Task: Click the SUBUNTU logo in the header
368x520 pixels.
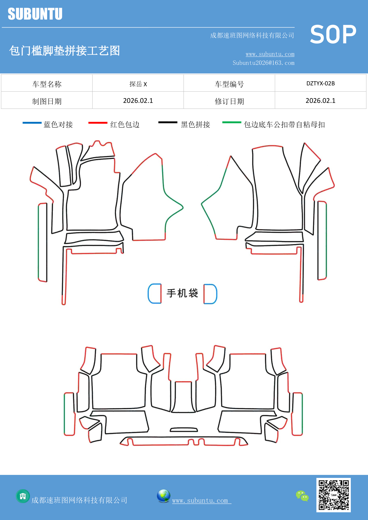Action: (x=35, y=14)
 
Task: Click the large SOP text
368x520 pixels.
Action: (x=333, y=35)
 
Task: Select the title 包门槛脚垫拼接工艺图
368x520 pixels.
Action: (x=65, y=51)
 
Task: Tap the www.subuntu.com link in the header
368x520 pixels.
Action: (x=270, y=54)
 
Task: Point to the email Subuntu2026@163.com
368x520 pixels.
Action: (x=263, y=63)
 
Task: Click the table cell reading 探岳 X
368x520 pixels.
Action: (x=138, y=84)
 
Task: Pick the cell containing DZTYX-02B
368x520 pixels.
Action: (x=321, y=83)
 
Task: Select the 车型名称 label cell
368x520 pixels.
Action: (x=47, y=84)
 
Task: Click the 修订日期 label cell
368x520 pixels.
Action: (x=229, y=101)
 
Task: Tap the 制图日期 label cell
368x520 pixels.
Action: (x=47, y=101)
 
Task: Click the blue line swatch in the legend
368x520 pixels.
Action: (x=32, y=123)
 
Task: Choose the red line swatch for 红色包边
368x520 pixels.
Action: (x=98, y=123)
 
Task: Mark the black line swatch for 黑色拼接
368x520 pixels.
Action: (x=168, y=122)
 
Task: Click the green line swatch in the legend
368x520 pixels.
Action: (x=232, y=122)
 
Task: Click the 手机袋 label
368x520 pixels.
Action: (x=182, y=293)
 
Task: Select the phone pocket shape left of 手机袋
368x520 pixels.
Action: (x=155, y=294)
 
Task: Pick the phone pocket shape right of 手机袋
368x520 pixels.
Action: (x=210, y=294)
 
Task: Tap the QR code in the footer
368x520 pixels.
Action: (x=334, y=495)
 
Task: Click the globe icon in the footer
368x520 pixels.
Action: (x=163, y=496)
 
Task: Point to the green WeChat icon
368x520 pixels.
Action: (x=302, y=496)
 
